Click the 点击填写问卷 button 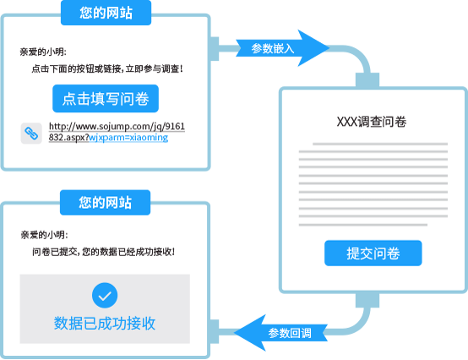pos(106,99)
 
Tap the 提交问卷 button pos(373,254)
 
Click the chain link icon pos(31,134)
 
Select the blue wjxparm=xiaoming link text pos(128,138)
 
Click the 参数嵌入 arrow pos(282,48)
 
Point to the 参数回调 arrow pos(280,333)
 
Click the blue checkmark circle pos(105,295)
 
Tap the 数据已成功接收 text pos(105,323)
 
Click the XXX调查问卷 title pos(372,122)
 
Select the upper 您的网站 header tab pos(106,13)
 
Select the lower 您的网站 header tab pos(105,203)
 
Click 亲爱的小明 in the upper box pos(43,52)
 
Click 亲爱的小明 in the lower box pos(44,235)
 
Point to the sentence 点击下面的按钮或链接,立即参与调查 pos(107,69)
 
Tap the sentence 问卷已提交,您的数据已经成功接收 pos(104,252)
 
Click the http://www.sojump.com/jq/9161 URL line pos(117,126)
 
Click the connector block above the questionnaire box pos(367,80)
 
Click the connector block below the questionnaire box pos(367,300)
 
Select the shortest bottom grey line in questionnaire pos(363,225)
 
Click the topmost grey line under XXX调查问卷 pos(380,144)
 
